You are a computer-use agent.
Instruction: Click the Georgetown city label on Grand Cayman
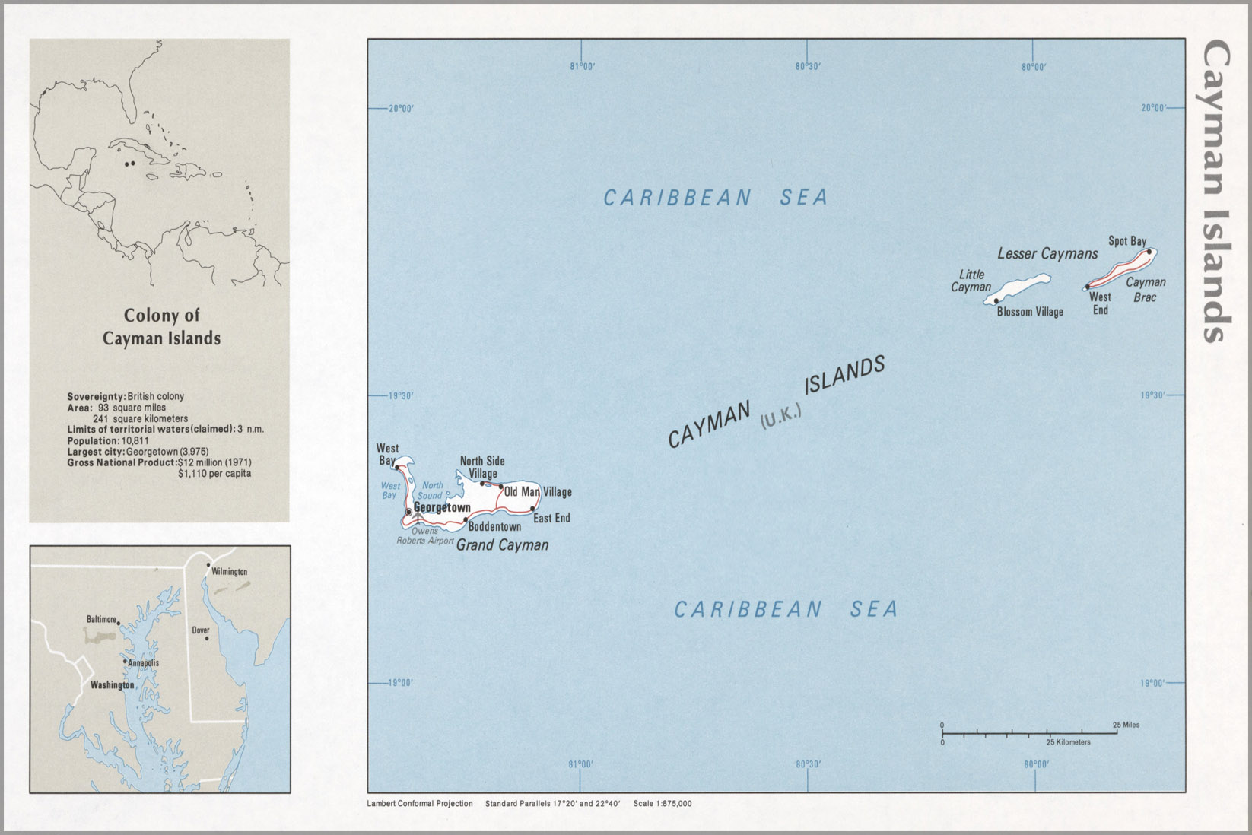(442, 507)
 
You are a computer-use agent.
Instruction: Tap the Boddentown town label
(494, 526)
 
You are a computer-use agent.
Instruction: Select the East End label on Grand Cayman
(551, 518)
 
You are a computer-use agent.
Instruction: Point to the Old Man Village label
(538, 492)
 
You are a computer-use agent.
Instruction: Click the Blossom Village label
(1030, 312)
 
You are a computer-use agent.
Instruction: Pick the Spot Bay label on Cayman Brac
(1126, 241)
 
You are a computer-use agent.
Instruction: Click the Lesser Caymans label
(1047, 253)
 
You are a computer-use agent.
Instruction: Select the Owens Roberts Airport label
(424, 536)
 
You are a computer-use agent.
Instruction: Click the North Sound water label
(431, 491)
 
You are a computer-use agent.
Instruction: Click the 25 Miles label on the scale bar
(1126, 725)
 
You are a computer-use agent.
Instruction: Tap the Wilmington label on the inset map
(229, 571)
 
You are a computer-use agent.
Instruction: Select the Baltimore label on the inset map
(101, 619)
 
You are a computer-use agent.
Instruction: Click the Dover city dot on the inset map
(206, 638)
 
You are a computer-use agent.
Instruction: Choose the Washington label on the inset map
(112, 685)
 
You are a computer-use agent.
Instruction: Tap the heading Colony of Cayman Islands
(161, 327)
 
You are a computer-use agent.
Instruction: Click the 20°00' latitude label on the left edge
(401, 109)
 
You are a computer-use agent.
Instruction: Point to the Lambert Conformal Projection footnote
(419, 803)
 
